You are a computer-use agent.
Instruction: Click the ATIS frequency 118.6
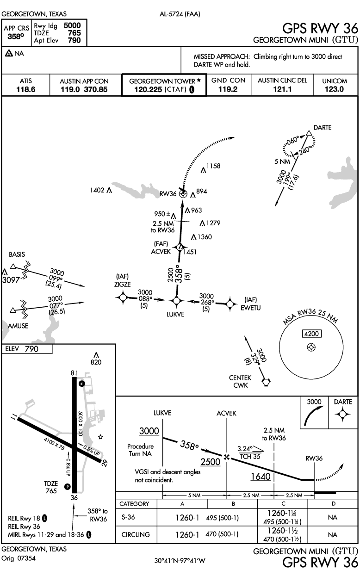click(x=26, y=89)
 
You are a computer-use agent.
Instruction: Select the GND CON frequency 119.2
click(x=228, y=89)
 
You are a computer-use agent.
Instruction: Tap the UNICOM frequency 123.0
click(x=335, y=89)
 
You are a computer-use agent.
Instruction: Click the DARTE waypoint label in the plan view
click(x=322, y=128)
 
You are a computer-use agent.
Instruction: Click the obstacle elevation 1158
click(x=213, y=166)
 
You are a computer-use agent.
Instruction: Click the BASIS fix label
click(x=17, y=254)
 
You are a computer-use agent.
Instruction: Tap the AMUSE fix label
click(x=18, y=326)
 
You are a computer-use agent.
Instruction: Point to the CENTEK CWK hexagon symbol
click(x=265, y=382)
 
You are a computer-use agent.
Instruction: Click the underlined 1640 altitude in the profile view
click(x=261, y=477)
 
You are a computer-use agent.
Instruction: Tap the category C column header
click(x=283, y=503)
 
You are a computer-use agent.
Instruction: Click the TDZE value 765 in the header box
click(x=74, y=33)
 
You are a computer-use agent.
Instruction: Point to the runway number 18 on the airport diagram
click(x=73, y=373)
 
